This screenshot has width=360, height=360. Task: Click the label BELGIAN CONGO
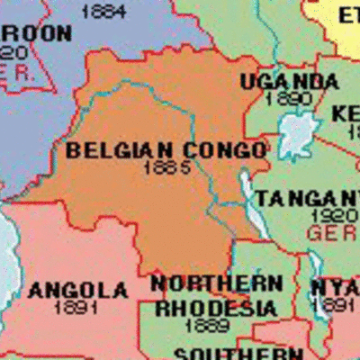166,149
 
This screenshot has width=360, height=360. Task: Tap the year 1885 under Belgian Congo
166,166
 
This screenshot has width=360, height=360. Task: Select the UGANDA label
289,82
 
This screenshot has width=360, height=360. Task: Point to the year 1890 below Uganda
290,99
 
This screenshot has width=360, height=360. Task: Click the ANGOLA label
78,290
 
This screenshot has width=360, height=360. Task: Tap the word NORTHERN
215,284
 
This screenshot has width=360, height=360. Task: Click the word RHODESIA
216,308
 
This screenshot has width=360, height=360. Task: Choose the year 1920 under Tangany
334,217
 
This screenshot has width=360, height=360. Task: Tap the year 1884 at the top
103,12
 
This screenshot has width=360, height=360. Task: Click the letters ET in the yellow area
348,15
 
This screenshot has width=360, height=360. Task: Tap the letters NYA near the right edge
336,288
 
